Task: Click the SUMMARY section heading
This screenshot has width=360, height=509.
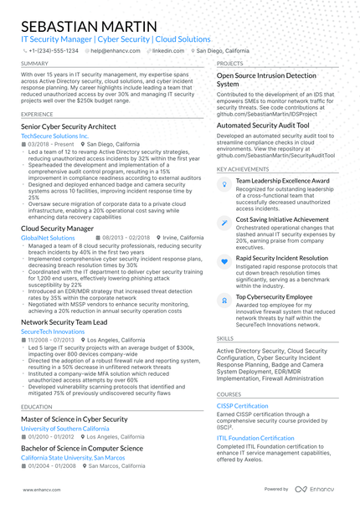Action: click(x=34, y=63)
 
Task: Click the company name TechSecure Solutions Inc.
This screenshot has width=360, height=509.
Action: click(x=54, y=135)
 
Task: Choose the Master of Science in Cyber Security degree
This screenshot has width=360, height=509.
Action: click(x=74, y=419)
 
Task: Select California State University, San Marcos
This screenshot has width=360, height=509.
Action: click(x=75, y=459)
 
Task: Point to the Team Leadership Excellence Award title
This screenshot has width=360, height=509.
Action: click(x=282, y=180)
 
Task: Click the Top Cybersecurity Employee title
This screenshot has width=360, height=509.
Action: click(x=274, y=296)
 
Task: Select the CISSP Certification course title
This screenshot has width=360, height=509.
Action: click(x=242, y=406)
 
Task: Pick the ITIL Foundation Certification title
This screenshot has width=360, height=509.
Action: click(x=255, y=438)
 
